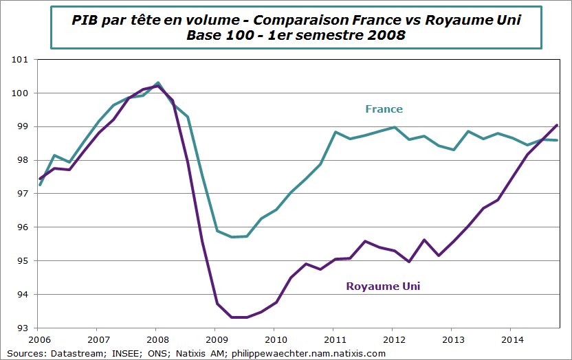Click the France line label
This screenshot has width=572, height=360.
click(384, 109)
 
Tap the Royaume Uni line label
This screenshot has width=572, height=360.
click(382, 286)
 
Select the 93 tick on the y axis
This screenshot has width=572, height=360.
click(22, 328)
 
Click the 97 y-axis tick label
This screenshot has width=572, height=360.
click(22, 194)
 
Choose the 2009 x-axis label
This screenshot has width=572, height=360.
click(216, 339)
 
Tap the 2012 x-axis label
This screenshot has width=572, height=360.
click(393, 339)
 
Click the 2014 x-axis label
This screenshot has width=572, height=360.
click(511, 339)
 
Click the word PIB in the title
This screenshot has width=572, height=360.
click(85, 21)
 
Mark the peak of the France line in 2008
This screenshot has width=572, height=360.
click(158, 82)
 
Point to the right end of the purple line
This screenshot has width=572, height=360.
click(557, 125)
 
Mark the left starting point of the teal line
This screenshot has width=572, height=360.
click(40, 185)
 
